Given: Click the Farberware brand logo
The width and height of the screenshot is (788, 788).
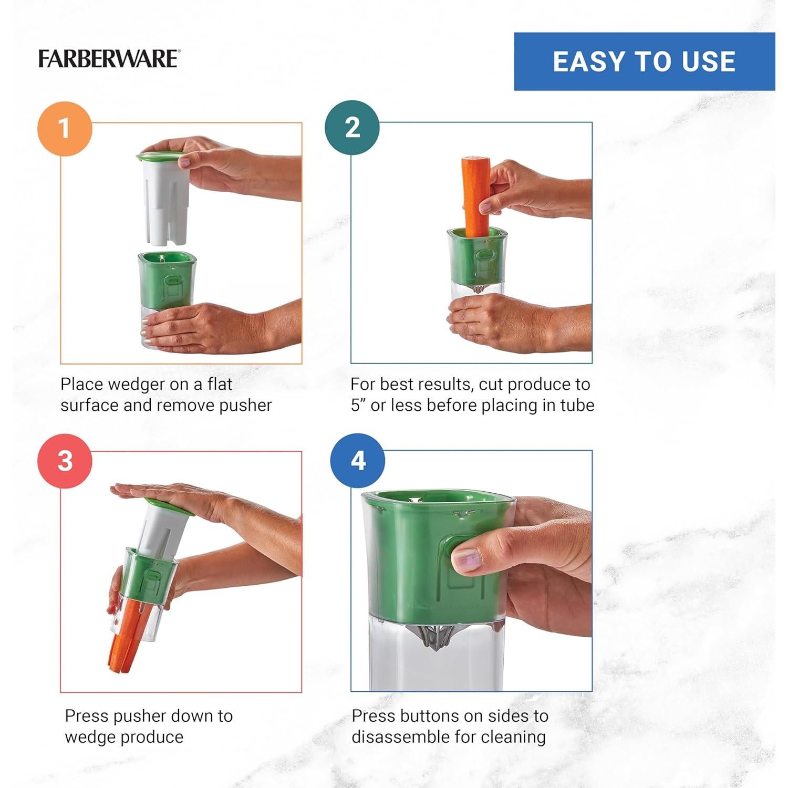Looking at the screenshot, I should (x=109, y=59).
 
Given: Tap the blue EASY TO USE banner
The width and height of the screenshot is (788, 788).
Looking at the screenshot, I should (x=644, y=61).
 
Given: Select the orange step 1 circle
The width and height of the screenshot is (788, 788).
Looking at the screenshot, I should (x=65, y=128).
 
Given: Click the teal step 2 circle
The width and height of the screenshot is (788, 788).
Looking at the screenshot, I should (x=352, y=128).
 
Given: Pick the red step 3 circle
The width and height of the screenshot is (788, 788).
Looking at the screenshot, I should (x=65, y=461).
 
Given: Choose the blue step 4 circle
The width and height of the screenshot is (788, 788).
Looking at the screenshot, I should (x=357, y=461).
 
